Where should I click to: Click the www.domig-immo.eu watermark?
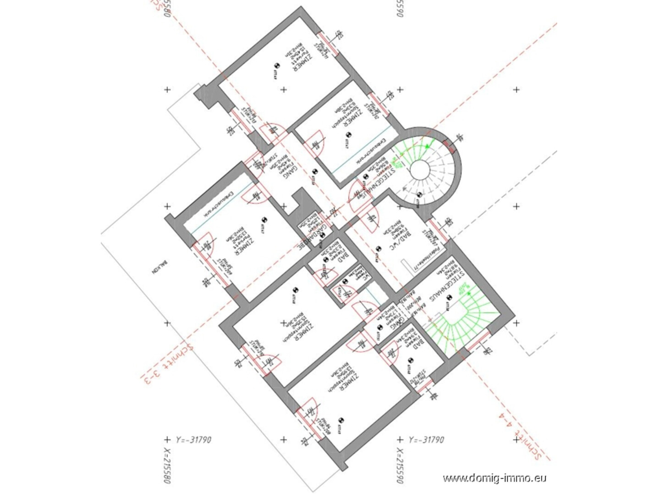[494, 478]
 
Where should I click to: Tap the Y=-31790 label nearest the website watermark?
[426, 439]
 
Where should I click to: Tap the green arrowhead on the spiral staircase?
[428, 146]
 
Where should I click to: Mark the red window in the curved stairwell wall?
[450, 147]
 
